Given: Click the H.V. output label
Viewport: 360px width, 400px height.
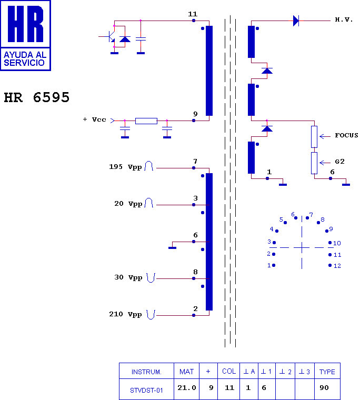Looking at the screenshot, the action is click(x=344, y=19).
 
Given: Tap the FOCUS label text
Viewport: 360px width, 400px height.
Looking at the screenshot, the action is click(x=346, y=135).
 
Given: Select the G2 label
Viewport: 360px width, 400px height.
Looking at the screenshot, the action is click(x=339, y=162).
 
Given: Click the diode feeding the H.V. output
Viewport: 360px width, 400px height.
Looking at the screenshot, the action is click(x=296, y=21).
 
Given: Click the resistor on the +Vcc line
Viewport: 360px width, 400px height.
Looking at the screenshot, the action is click(x=146, y=121).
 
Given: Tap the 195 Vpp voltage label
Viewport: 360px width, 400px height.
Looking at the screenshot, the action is click(x=125, y=167).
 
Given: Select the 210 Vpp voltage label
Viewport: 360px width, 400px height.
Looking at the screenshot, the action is click(x=125, y=314).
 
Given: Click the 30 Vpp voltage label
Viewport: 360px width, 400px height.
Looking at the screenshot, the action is click(x=128, y=277).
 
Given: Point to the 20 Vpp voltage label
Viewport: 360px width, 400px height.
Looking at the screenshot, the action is click(x=128, y=204).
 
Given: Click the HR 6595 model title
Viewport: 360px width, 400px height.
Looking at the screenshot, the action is click(x=36, y=97).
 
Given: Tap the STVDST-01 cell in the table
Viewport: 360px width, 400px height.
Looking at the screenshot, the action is click(x=146, y=391).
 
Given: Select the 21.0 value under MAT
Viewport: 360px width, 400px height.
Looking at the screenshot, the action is click(x=187, y=388).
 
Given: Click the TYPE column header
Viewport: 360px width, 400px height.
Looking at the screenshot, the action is click(x=327, y=372).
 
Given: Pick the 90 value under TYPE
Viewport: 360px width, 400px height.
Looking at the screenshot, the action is click(x=324, y=388).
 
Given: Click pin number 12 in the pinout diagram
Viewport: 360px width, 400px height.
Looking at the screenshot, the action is click(x=337, y=266).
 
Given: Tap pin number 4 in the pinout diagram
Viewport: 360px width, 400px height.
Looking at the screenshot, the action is click(x=272, y=229).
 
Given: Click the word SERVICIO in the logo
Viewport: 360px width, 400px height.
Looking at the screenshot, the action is click(x=24, y=63).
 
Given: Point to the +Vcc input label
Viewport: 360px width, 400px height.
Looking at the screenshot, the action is click(x=94, y=119).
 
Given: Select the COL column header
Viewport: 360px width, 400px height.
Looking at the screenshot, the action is click(x=229, y=372).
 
